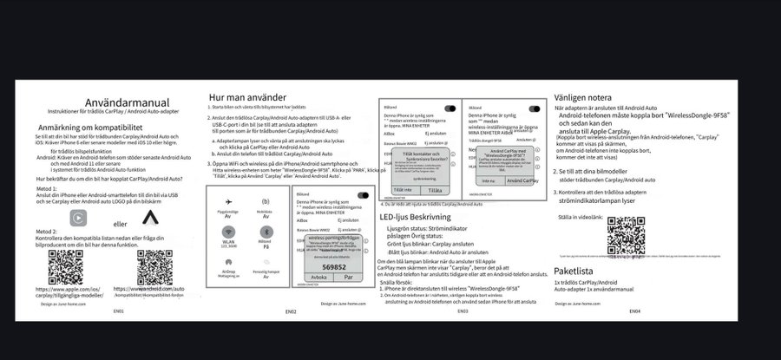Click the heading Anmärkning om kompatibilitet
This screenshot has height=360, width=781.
(x=102, y=127)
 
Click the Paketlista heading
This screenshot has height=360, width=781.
(x=579, y=271)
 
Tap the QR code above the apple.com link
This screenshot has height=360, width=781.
(x=66, y=265)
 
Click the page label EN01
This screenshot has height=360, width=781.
(x=118, y=310)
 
